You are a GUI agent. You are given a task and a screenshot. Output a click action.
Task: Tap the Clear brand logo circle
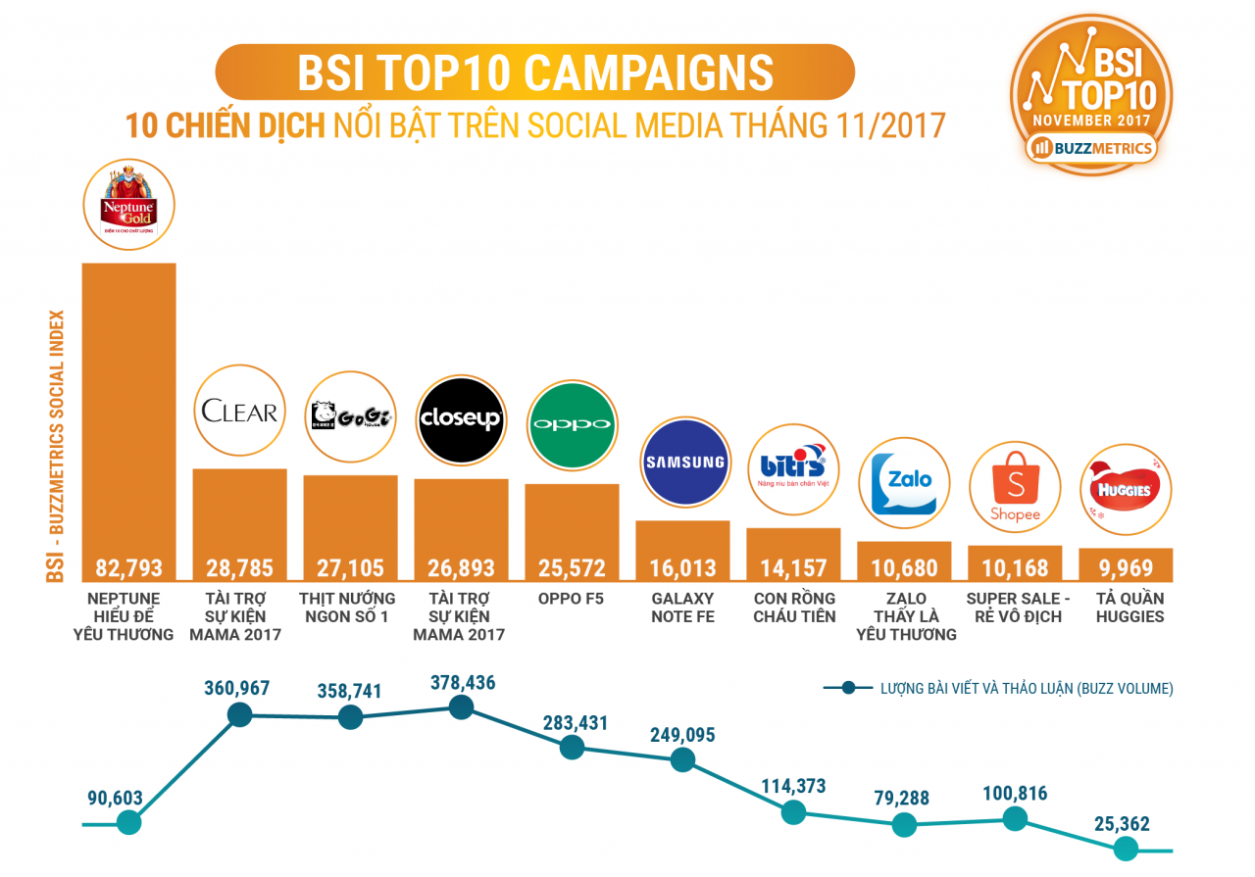240,412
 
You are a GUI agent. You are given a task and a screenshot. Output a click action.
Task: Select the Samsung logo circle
684,462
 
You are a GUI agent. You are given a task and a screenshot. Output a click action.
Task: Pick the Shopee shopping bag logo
1015,487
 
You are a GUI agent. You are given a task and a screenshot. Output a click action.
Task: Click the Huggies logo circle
1126,490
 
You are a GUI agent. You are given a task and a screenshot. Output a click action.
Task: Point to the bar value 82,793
129,567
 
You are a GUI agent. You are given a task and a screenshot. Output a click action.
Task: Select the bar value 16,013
683,567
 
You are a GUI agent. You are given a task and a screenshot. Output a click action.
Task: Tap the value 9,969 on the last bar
1126,567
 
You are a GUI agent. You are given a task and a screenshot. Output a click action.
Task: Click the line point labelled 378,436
462,706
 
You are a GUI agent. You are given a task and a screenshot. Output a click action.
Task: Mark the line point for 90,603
128,823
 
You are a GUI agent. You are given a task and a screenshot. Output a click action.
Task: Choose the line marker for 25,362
1126,850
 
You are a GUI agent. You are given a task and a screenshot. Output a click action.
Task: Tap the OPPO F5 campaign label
573,599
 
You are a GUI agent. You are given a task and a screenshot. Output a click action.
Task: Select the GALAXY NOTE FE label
683,608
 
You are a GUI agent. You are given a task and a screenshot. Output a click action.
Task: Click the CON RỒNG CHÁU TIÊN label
794,608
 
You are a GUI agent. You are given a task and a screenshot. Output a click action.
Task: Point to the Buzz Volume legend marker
849,688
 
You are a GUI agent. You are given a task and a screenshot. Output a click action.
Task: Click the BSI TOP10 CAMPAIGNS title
534,73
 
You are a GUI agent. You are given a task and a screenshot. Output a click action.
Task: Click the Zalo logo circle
904,483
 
